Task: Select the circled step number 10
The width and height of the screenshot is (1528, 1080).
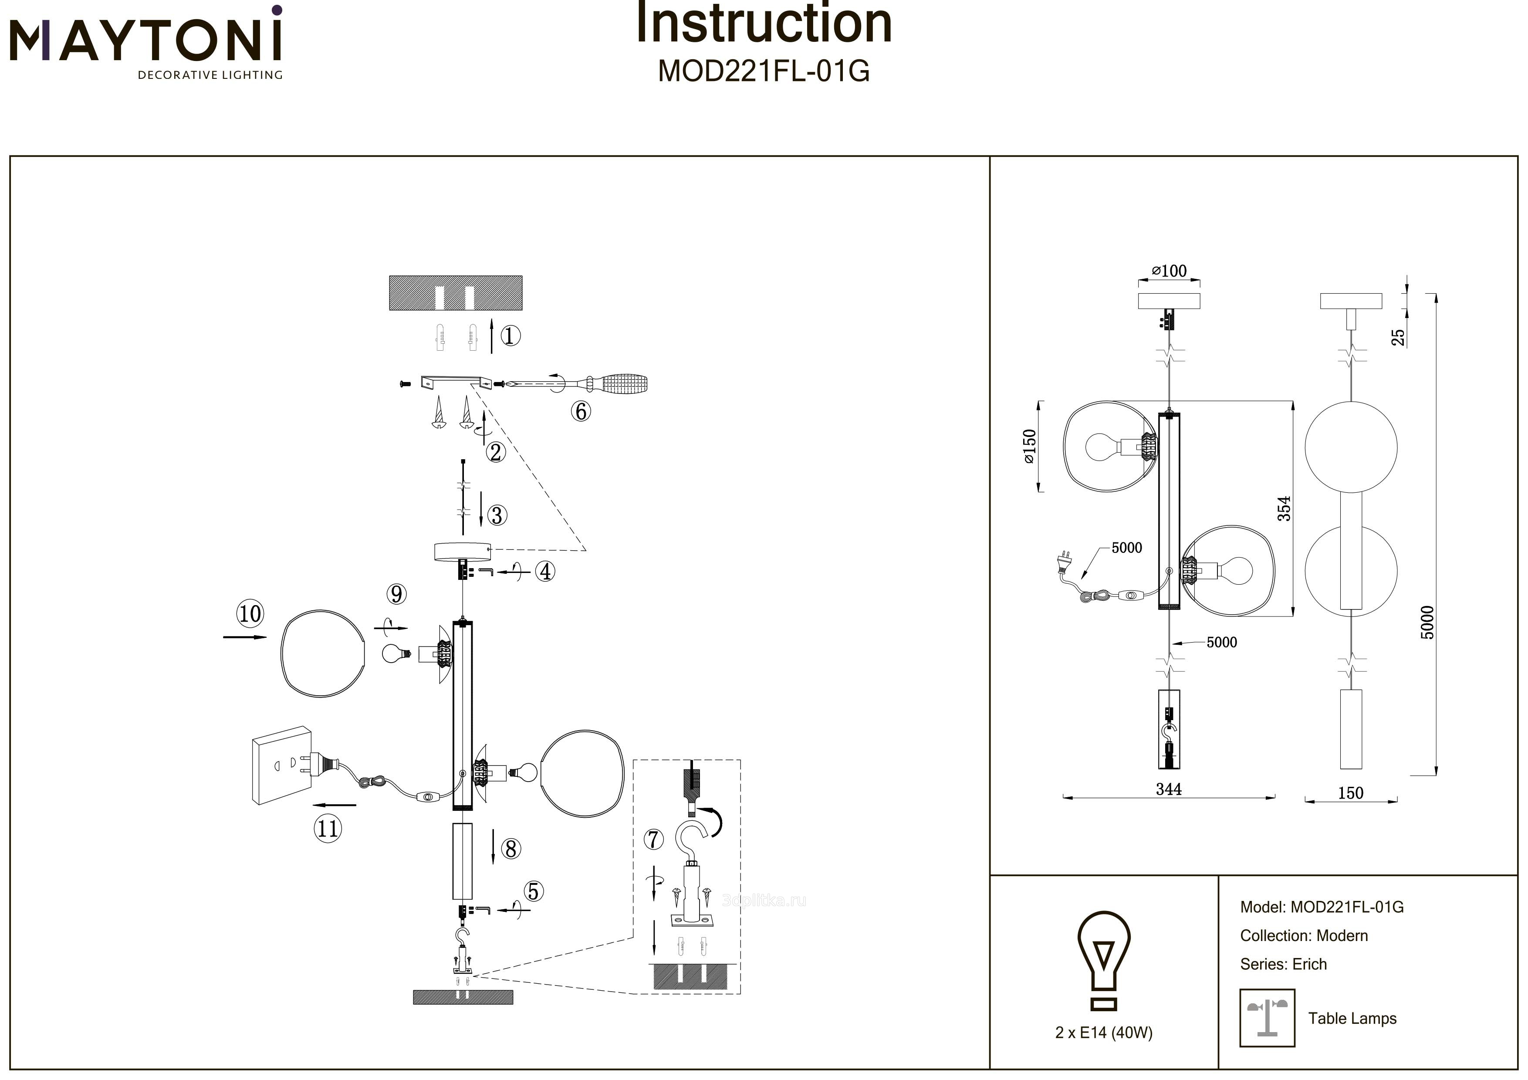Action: (250, 613)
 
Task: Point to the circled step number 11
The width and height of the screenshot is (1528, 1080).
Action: (328, 829)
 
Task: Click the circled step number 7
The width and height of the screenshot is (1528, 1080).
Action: (653, 840)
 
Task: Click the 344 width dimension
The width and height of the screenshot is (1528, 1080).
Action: (1169, 789)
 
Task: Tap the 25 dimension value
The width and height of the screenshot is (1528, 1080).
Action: (1399, 337)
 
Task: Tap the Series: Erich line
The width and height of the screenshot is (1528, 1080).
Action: (1283, 964)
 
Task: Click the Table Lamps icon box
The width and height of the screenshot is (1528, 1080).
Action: (1267, 1018)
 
